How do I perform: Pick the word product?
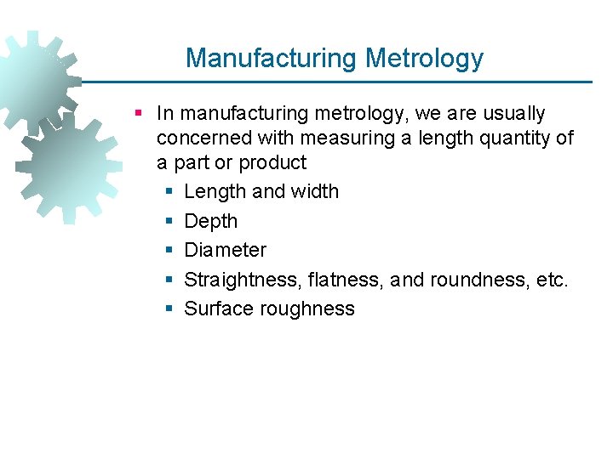272,162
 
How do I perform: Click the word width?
314,192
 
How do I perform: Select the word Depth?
211,221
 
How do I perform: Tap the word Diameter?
225,250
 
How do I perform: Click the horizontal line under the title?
341,82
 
